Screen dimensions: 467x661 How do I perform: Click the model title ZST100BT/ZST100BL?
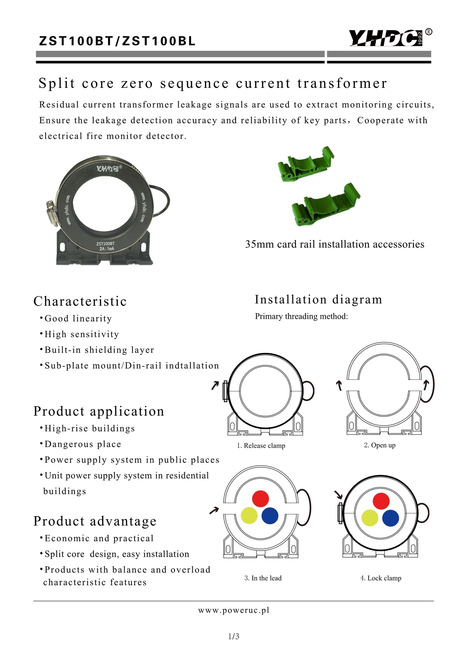[117, 41]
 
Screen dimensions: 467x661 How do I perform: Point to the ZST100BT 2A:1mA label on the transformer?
[105, 246]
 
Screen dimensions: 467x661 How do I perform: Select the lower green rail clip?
[326, 205]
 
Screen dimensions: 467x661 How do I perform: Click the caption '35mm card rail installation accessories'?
[335, 244]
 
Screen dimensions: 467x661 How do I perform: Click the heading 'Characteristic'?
[80, 301]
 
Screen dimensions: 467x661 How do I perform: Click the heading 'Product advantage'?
[95, 521]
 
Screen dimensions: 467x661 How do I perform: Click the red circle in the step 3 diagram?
[260, 499]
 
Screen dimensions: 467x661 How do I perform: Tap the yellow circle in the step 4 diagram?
[370, 518]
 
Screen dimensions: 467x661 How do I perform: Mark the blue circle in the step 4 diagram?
[391, 518]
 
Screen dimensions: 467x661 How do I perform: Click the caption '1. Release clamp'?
[261, 446]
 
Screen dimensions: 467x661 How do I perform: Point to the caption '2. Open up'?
[380, 445]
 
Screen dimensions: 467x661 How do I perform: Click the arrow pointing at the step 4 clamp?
[338, 494]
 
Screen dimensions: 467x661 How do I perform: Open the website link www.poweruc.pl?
[234, 610]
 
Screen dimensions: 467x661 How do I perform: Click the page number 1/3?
[234, 636]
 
